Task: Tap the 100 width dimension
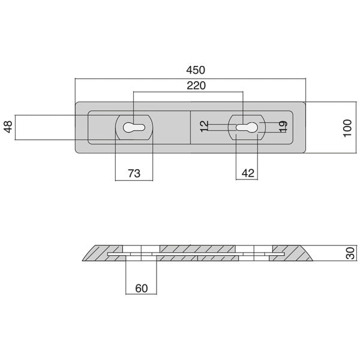(347, 127)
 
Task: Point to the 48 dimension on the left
(7, 127)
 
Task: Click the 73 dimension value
(134, 173)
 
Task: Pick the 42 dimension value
(247, 173)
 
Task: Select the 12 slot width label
(204, 127)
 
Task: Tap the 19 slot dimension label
(283, 127)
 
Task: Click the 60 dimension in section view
(141, 288)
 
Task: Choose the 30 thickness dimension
(350, 254)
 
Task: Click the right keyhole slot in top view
(247, 127)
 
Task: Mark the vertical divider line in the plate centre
(190, 127)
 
